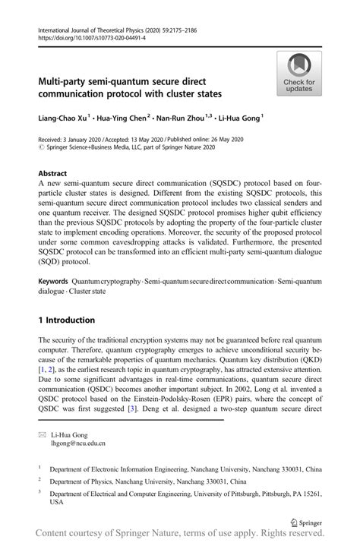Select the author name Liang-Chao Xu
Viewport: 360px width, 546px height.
65,118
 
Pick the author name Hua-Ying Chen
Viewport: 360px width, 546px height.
125,118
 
